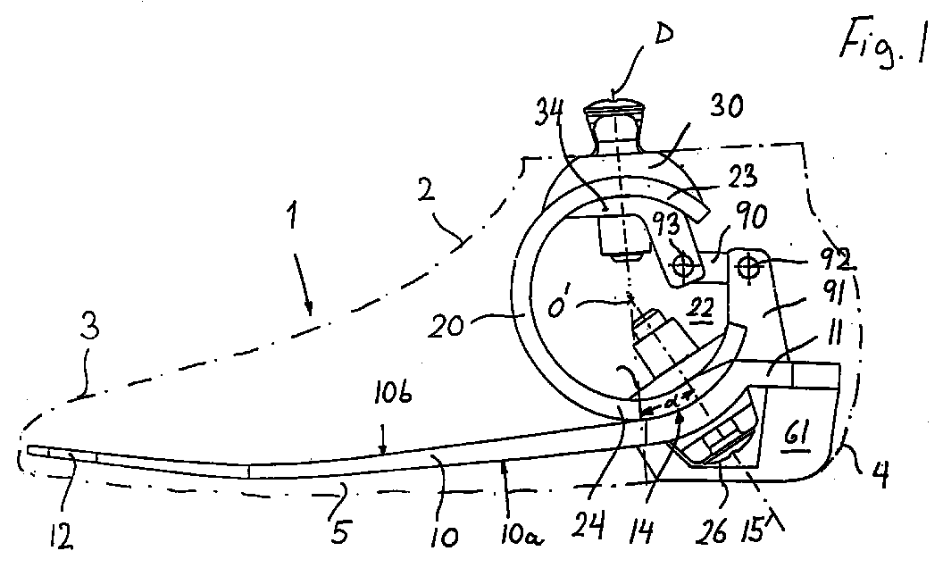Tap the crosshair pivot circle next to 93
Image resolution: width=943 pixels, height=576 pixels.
684,266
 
